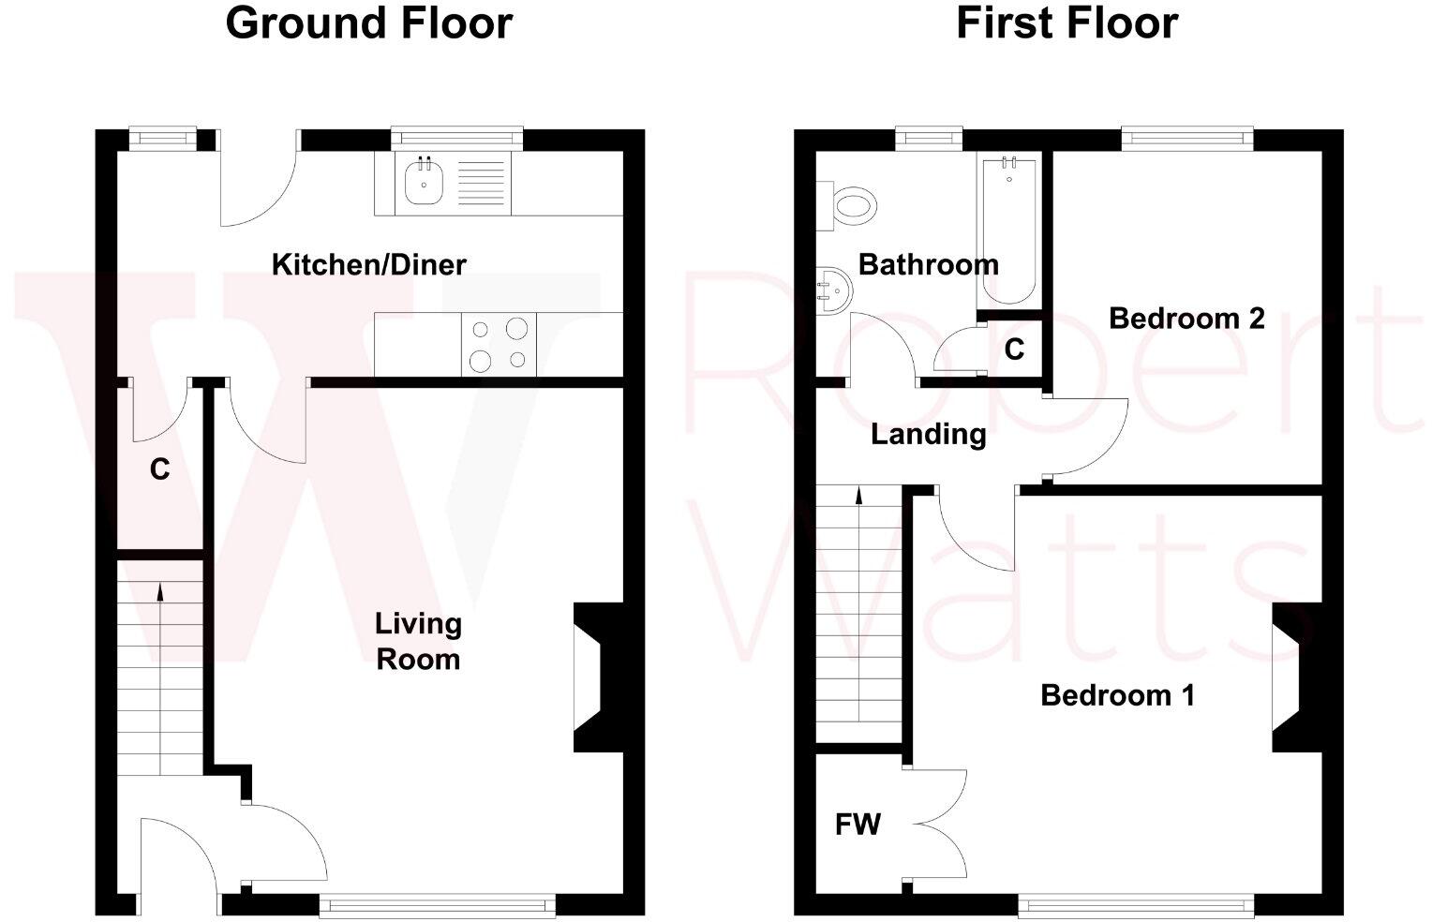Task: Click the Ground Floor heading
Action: point(368,23)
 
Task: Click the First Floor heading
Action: point(1066,23)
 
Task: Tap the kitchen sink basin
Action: point(425,183)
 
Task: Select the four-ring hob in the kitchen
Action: point(499,344)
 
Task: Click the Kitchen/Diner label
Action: point(368,265)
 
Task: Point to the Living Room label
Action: point(418,642)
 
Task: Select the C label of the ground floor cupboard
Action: point(160,469)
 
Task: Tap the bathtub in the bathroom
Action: point(1009,230)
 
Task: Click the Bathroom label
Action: point(928,265)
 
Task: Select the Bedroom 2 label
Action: point(1186,319)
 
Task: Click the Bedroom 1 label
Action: point(1117,695)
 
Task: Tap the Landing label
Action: point(928,435)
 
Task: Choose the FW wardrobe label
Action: point(858,825)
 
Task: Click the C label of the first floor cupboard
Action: point(1014,349)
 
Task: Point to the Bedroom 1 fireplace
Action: point(1299,677)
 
